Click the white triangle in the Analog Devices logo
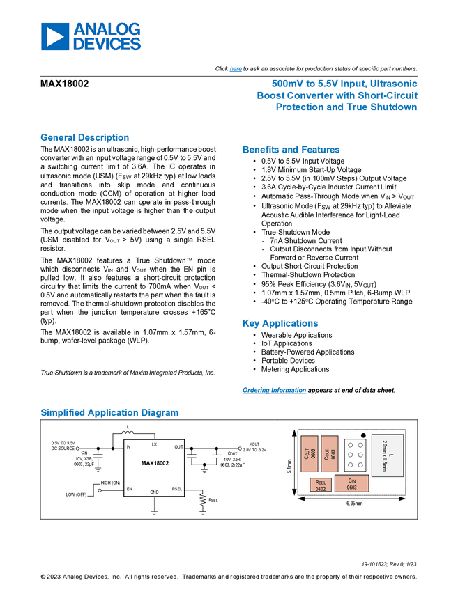pos(56,37)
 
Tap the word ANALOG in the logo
pos(107,29)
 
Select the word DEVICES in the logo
pos(107,44)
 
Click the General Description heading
pos(84,137)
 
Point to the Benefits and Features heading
pos(291,149)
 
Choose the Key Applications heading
pos(280,323)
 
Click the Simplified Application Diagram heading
pos(109,412)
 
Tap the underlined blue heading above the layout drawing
pos(274,391)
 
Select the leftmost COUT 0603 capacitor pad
pos(309,454)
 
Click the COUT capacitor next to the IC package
pos(330,454)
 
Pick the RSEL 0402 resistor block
pos(321,485)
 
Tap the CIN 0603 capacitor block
pos(351,483)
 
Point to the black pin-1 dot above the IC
pos(363,435)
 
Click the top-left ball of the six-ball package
pos(351,444)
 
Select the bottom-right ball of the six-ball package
pos(360,464)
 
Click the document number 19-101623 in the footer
pos(375,563)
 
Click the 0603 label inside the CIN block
pos(351,488)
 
